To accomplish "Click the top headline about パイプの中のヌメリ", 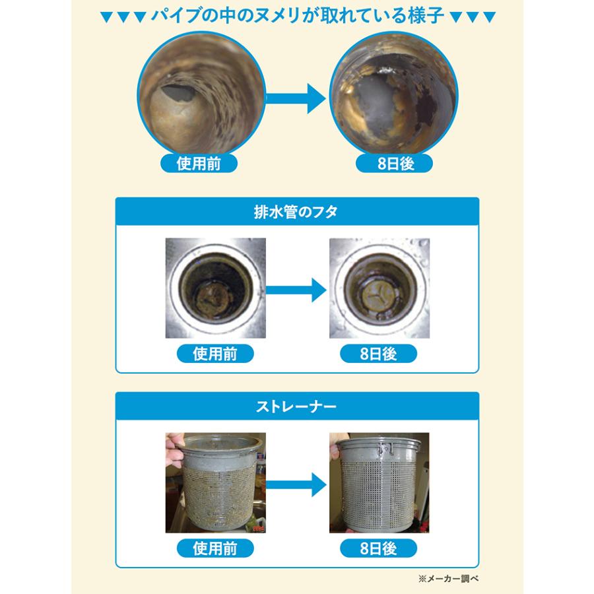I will tap(296, 15).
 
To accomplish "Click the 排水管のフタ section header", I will tap(296, 213).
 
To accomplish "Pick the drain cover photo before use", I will tap(215, 288).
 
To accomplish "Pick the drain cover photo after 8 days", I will tap(379, 288).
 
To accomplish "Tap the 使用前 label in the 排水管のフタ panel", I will tap(215, 354).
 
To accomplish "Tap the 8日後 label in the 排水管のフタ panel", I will tap(379, 354).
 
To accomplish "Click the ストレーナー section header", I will tap(296, 405).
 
